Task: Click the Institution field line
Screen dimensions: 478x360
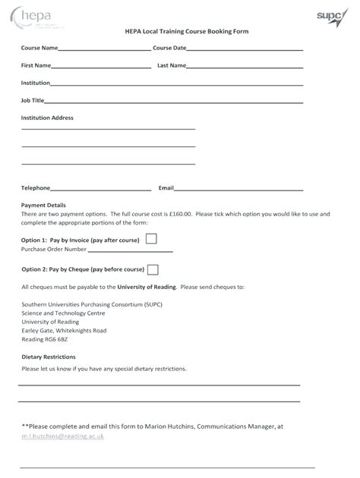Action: click(x=176, y=85)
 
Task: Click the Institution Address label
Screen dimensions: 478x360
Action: click(x=47, y=118)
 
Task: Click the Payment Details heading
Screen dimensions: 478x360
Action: click(x=43, y=205)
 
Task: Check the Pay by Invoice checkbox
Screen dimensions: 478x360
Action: click(x=151, y=239)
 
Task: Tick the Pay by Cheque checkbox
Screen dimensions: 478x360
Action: click(x=153, y=269)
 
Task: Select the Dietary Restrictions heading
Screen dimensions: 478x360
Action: click(x=49, y=357)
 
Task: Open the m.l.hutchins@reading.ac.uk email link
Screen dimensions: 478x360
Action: click(x=63, y=436)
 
